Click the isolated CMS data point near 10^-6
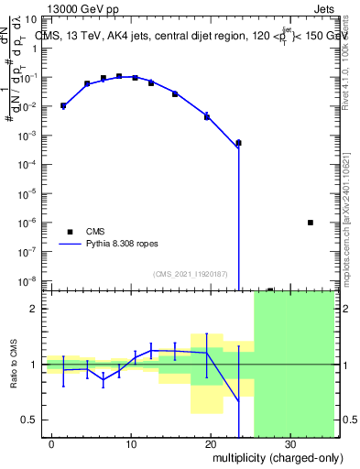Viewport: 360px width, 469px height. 311,223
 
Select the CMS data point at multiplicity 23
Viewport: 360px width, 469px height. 238,143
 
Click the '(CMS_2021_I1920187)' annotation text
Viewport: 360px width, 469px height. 190,273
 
